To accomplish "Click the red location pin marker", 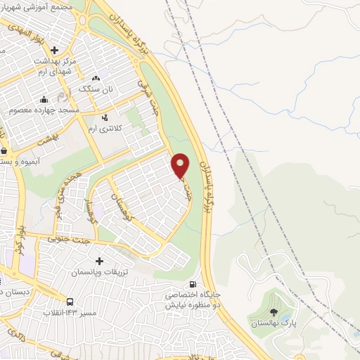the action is click(181, 165).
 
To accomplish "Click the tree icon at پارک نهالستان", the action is click(274, 312).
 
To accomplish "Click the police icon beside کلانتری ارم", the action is click(105, 117).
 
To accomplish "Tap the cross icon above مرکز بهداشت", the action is click(54, 50).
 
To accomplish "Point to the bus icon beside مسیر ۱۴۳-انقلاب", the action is click(70, 301).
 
